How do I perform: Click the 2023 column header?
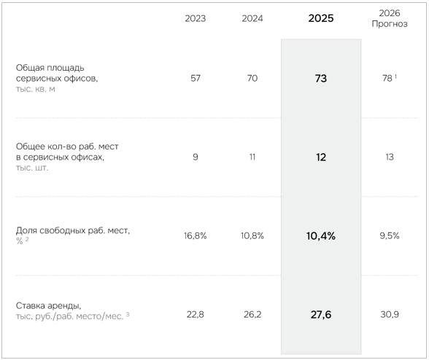[x=195, y=18]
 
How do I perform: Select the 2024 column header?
[x=252, y=18]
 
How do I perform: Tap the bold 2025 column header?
[x=321, y=18]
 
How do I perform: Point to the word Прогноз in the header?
[x=390, y=24]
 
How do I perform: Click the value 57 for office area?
[x=196, y=78]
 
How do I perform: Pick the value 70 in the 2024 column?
[x=252, y=78]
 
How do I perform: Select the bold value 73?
[x=321, y=79]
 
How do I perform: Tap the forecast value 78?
[x=387, y=78]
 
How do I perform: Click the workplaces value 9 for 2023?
[x=196, y=157]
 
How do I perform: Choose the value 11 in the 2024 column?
[x=252, y=157]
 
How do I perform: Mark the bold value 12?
[x=321, y=157]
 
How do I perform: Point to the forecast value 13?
[x=390, y=157]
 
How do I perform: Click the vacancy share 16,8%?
[x=195, y=235]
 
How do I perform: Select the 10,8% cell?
[x=252, y=235]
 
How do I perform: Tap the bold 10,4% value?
[x=321, y=236]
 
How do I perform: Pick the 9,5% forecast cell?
[x=390, y=235]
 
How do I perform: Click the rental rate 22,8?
[x=196, y=314]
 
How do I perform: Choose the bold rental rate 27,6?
[x=321, y=315]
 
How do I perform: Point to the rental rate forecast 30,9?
[x=390, y=314]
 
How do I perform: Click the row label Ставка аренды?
[x=48, y=305]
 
